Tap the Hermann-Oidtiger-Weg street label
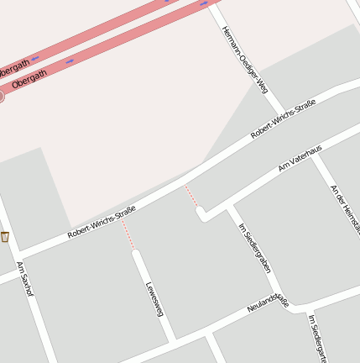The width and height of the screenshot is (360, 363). point(244,59)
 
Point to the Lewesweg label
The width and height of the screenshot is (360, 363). point(154,298)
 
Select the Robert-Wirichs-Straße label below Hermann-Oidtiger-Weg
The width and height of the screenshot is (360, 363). point(283,119)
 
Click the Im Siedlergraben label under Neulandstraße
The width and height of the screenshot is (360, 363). point(316,338)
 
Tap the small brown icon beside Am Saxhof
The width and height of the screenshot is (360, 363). point(5,237)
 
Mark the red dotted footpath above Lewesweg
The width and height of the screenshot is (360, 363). point(128,238)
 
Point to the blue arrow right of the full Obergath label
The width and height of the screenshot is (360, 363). point(69,60)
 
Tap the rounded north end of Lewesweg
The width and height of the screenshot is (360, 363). point(136,253)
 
